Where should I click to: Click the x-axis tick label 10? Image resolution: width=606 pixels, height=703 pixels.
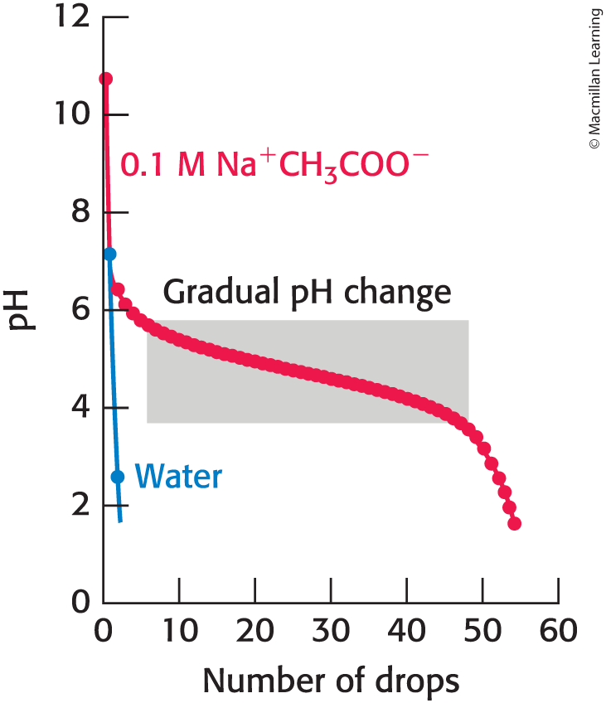click(x=179, y=633)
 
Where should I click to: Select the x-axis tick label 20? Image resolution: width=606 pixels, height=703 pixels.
click(x=255, y=633)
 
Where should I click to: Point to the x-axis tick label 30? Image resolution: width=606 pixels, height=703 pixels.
click(x=331, y=633)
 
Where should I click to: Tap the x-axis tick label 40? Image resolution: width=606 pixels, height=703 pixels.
click(x=406, y=633)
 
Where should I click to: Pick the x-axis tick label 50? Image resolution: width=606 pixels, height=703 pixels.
click(x=482, y=633)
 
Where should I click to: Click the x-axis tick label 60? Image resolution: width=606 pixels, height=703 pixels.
click(x=558, y=633)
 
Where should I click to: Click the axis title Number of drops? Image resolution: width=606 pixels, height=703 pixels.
click(x=331, y=681)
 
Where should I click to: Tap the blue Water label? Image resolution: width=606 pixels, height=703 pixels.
click(x=178, y=477)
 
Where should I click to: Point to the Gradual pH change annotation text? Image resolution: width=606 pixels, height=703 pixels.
click(x=307, y=293)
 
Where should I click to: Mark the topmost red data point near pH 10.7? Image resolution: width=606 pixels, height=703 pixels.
click(x=105, y=79)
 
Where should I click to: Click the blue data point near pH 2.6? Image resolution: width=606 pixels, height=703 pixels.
click(x=118, y=477)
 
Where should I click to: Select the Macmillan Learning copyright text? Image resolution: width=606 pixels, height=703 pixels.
click(x=593, y=79)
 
